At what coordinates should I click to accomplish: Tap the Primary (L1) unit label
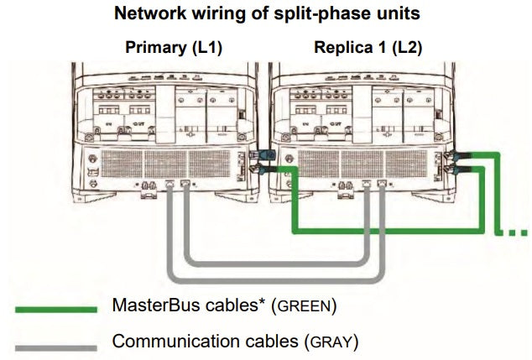(173, 48)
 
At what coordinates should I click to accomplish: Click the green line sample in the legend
(55, 309)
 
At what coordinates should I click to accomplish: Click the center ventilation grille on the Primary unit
(159, 163)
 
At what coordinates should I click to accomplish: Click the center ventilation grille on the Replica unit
(355, 163)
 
